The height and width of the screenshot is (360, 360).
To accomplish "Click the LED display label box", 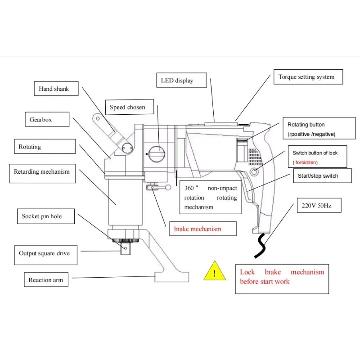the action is (x=182, y=80).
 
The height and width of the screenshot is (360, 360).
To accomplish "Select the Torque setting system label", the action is (x=308, y=76).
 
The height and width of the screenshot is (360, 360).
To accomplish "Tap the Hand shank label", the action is (x=56, y=88).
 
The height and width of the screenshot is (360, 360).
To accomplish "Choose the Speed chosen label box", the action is (x=130, y=107).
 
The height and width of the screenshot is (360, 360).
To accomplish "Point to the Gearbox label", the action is (x=47, y=119).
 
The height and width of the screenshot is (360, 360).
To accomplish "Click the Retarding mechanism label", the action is (x=42, y=173).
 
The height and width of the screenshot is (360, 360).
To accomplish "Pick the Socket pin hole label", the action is (x=46, y=216).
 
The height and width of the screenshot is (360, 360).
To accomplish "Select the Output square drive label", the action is (x=46, y=255).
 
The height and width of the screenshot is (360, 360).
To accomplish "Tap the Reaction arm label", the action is (x=46, y=279).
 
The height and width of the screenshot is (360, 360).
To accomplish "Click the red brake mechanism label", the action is (x=203, y=229).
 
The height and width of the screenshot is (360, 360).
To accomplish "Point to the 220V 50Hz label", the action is (x=319, y=205).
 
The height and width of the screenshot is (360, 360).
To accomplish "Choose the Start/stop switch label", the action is (x=322, y=175).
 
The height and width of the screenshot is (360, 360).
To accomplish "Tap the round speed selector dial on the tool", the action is (x=157, y=154).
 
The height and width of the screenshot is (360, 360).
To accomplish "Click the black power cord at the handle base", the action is (x=261, y=246).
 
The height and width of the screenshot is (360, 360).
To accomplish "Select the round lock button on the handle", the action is (x=254, y=171).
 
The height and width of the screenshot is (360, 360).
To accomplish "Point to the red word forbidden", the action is (x=306, y=162).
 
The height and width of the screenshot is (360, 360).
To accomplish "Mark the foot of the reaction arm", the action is (x=172, y=277).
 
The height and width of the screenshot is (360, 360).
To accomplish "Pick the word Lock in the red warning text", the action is (x=247, y=272).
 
